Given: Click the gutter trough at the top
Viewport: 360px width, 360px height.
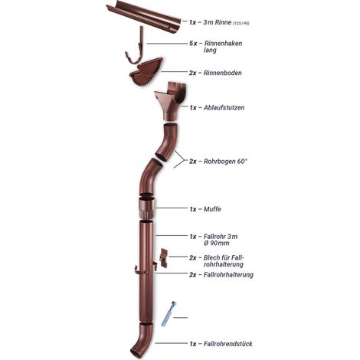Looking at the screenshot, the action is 143,17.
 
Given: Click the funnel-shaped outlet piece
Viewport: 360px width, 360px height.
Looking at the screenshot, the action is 170,101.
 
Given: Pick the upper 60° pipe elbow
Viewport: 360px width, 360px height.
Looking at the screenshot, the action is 167,142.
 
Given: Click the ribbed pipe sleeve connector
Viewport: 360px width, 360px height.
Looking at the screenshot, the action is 146,208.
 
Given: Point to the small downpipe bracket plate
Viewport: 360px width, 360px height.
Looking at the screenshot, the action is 164,257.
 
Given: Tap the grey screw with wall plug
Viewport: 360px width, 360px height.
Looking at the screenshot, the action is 169,313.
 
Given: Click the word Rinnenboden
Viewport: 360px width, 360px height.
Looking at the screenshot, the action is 223,73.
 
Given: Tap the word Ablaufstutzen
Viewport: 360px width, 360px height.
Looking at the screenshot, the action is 224,107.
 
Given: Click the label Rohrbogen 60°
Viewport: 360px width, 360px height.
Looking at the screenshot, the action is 225,162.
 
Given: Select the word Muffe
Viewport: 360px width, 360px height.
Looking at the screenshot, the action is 212,209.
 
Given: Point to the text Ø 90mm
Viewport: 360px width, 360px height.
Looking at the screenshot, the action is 217,243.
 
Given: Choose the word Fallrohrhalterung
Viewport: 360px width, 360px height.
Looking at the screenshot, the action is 228,275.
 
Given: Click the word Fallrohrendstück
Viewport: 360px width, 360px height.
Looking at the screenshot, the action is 228,344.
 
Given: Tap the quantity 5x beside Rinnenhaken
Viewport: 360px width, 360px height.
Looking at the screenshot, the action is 193,44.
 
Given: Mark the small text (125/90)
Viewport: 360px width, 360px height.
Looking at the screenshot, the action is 241,23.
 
